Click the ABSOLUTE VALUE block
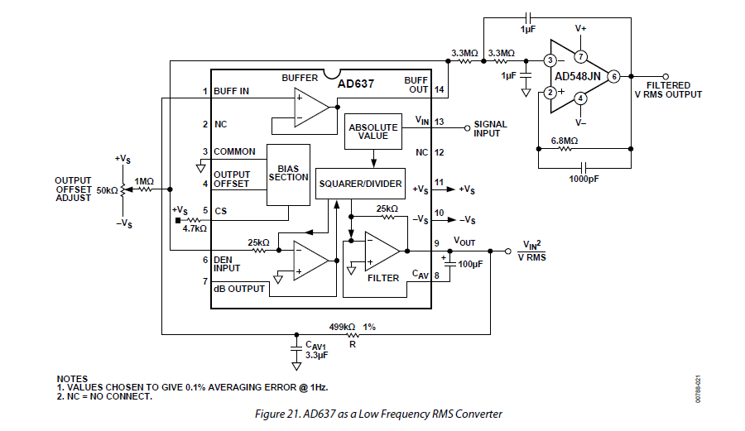[x=372, y=133]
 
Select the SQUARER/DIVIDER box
[x=360, y=184]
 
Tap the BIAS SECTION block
[x=288, y=173]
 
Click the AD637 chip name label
[x=357, y=84]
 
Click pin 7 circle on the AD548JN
[x=581, y=57]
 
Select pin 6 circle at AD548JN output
[x=613, y=76]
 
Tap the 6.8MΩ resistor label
[x=566, y=141]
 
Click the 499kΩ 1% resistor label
[x=353, y=327]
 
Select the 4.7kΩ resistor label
[x=195, y=227]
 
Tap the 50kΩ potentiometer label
[x=108, y=189]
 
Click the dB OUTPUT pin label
[x=239, y=289]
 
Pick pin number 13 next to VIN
[x=439, y=122]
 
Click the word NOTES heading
[x=71, y=378]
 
